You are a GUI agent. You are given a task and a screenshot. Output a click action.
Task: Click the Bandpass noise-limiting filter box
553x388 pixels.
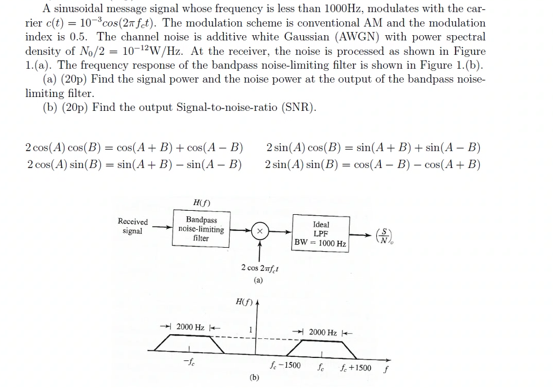coord(201,229)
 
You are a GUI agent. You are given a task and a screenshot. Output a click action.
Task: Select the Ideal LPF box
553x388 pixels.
coord(320,234)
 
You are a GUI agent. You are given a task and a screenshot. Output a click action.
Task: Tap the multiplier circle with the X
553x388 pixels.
coord(260,230)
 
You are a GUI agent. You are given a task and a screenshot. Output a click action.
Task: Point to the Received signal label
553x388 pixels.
coord(133,226)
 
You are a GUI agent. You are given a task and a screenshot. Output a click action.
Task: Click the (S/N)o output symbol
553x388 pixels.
coord(384,235)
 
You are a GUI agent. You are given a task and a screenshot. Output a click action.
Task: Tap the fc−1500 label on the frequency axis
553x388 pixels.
coord(286,365)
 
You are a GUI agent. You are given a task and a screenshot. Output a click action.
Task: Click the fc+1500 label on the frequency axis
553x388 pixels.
coord(356,367)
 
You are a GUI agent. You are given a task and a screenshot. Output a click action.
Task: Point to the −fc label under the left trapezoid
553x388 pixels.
coord(188,363)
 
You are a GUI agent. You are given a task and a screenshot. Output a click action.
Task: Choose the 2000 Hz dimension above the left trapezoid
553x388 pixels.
coord(190,327)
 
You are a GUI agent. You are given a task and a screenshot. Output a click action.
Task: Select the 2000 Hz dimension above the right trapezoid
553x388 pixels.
coord(323,332)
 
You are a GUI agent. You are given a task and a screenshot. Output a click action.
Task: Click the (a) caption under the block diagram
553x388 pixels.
coord(258,281)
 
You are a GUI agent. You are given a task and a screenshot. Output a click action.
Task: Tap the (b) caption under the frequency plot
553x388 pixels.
coord(255,377)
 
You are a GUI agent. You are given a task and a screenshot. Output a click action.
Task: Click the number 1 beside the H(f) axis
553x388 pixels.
coord(249,330)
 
